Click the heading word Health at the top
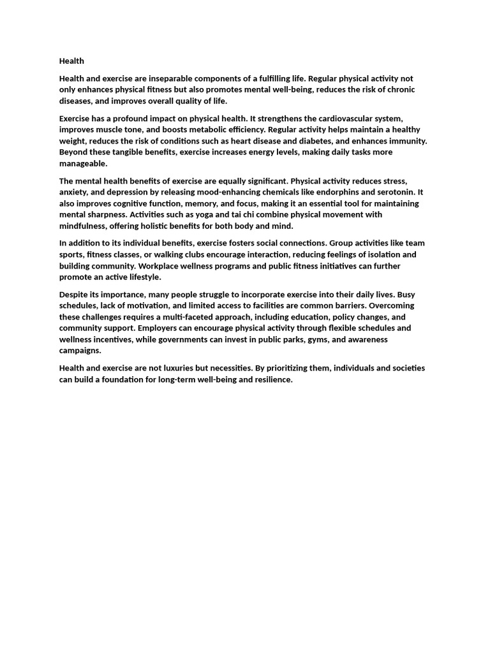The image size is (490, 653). [x=71, y=61]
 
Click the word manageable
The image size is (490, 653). [x=83, y=164]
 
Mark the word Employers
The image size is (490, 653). [x=158, y=328]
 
